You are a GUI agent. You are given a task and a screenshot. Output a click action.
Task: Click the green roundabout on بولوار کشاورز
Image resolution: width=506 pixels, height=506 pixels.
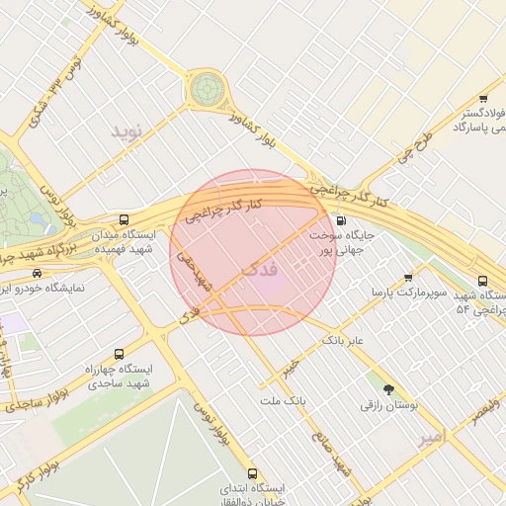[x=208, y=89]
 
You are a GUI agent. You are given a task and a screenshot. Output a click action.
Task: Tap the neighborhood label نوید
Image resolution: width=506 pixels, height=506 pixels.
[x=126, y=130]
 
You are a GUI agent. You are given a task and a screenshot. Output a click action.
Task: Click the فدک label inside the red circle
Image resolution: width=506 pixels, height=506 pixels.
[x=260, y=268]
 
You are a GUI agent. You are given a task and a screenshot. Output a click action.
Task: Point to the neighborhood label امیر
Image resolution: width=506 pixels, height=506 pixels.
[x=433, y=435]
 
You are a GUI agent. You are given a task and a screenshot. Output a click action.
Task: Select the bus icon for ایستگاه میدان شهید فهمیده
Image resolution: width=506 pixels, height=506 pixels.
[x=123, y=219]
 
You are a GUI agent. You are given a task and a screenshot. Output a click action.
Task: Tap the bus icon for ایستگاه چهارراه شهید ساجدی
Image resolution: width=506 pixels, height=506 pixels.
[x=120, y=354]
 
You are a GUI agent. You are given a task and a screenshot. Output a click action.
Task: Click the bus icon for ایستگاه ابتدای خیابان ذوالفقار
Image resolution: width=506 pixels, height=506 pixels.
[x=252, y=473]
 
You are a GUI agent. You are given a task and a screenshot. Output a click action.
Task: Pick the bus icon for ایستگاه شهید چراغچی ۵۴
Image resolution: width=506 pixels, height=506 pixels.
[x=482, y=280]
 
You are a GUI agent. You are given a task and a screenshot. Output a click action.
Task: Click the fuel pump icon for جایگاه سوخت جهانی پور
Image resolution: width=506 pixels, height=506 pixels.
[x=341, y=221]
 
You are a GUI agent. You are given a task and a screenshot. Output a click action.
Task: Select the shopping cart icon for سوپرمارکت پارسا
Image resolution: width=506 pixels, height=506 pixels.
[x=409, y=278]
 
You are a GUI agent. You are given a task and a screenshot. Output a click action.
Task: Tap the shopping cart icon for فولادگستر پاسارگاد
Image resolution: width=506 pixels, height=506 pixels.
[x=482, y=98]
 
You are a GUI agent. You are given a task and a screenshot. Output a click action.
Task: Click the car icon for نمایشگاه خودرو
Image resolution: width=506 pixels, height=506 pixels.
[x=37, y=273]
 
